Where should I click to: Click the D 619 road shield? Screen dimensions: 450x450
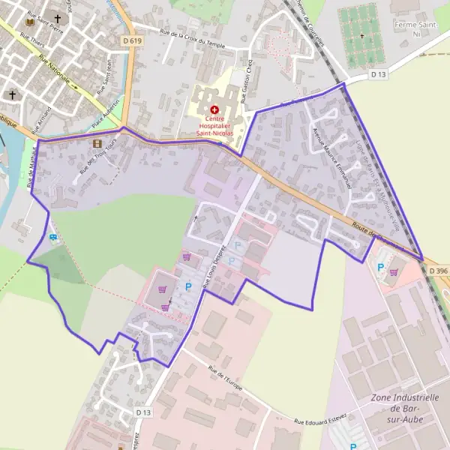point(132,40)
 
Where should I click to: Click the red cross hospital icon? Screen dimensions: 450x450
point(214,109)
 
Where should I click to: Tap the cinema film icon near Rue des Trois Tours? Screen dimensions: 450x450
point(96,143)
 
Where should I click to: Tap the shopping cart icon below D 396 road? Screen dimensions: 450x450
point(394,271)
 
